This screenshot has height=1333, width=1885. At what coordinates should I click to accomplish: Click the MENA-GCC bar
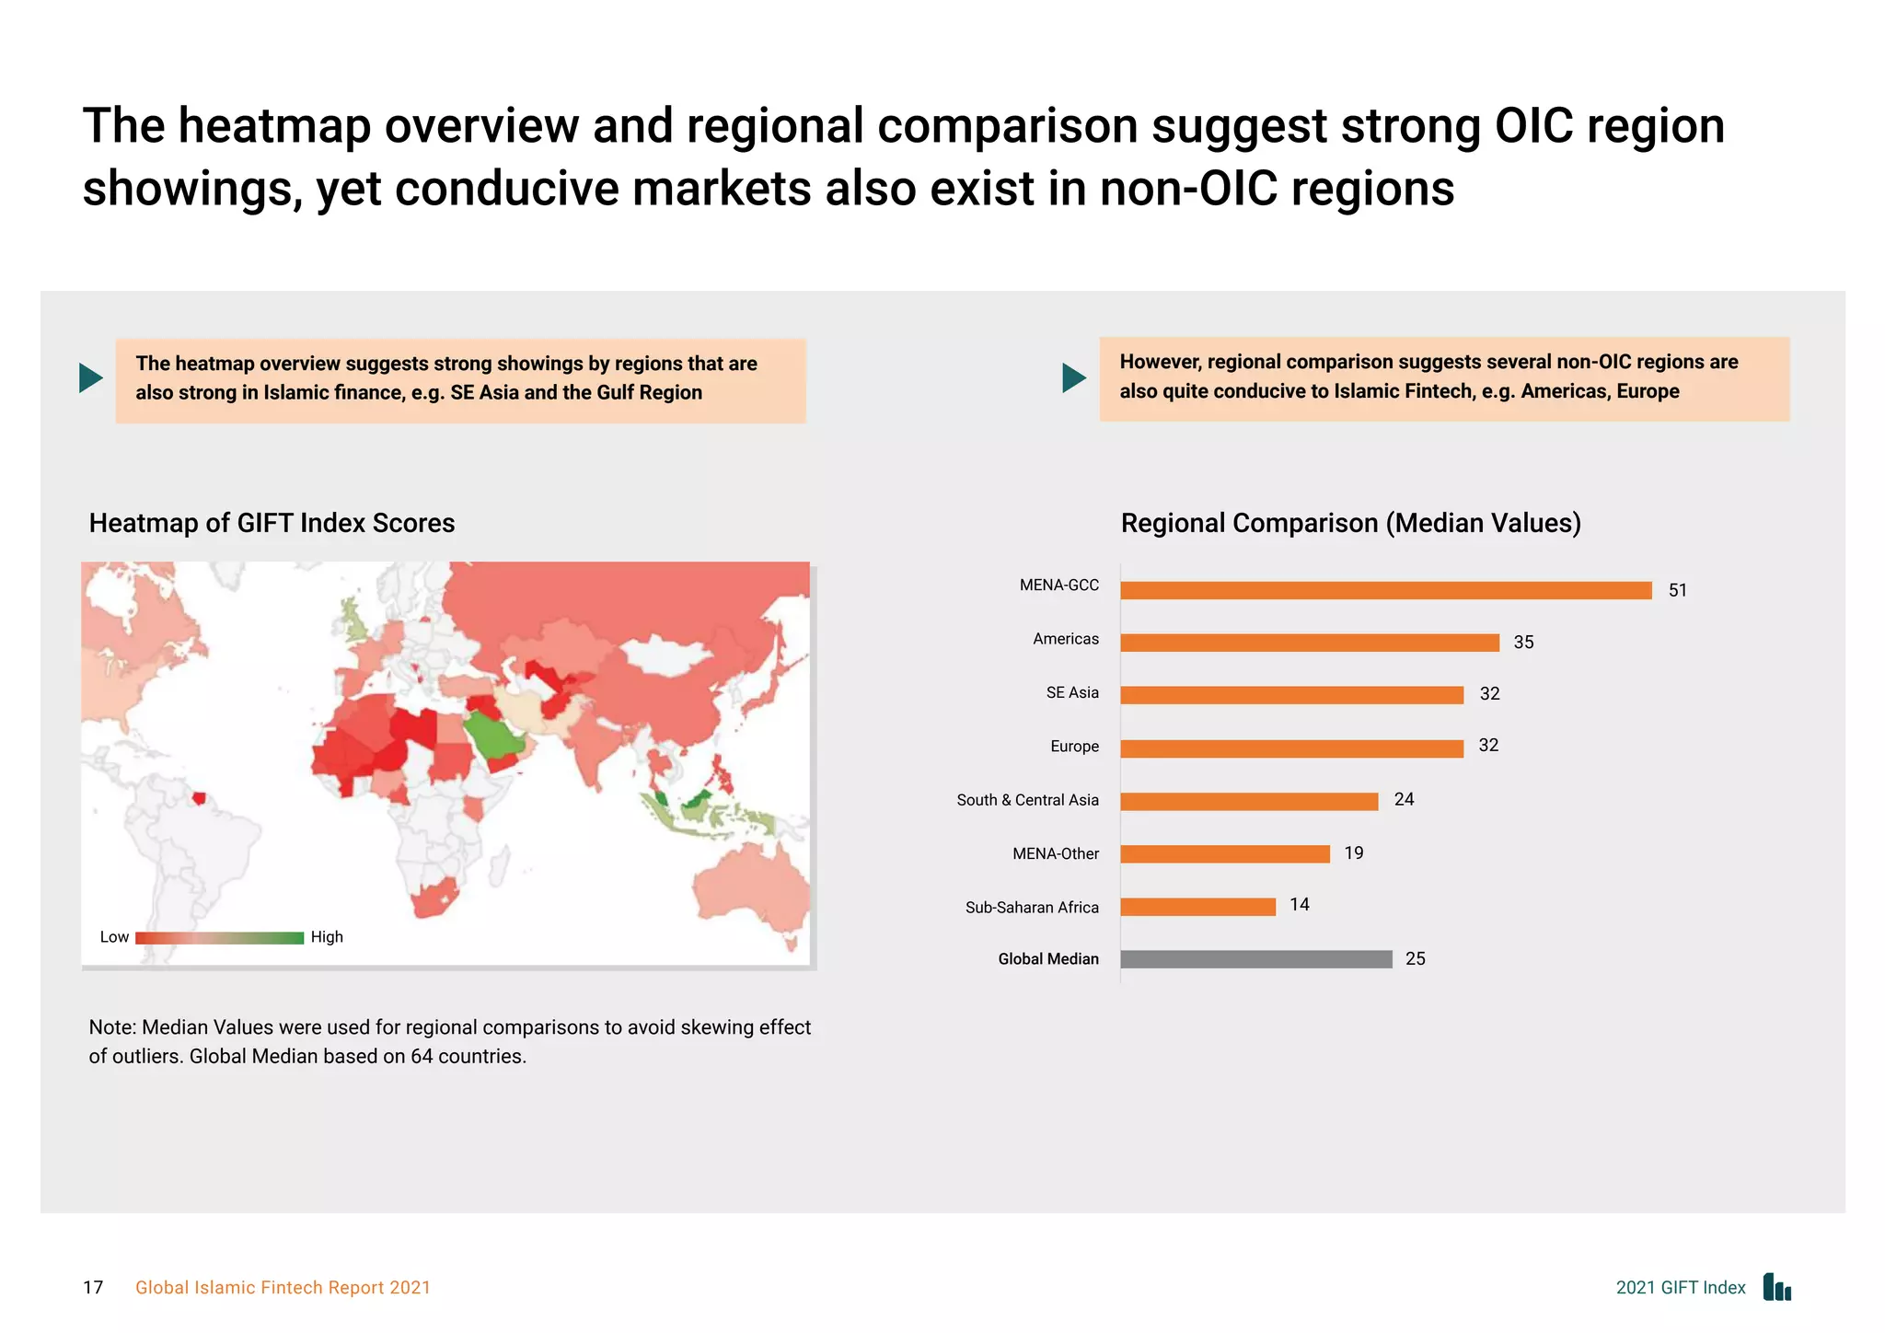click(1385, 590)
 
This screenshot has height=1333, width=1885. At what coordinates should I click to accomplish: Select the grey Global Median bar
click(1255, 959)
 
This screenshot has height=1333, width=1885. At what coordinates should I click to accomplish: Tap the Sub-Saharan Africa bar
click(1197, 907)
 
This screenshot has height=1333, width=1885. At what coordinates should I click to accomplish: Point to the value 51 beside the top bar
click(1677, 590)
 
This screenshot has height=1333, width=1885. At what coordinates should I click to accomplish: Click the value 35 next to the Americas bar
click(1523, 643)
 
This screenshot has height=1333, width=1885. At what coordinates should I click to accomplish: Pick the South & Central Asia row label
click(1027, 800)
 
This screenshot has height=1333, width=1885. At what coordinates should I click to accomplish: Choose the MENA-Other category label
click(1055, 853)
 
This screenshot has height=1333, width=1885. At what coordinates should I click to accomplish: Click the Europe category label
click(1074, 747)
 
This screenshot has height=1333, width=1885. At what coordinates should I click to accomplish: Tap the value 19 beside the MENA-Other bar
click(1353, 853)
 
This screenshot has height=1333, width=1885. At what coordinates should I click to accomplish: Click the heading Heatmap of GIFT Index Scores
click(272, 523)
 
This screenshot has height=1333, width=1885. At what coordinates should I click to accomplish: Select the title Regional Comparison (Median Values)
click(1350, 523)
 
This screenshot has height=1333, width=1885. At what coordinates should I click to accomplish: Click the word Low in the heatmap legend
click(114, 937)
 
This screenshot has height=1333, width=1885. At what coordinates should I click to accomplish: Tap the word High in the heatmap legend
click(327, 937)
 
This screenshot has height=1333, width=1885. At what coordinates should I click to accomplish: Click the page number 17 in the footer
click(93, 1288)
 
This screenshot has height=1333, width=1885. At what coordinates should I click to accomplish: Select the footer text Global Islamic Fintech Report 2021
click(283, 1288)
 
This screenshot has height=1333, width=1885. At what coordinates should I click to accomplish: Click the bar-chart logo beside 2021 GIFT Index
click(1776, 1287)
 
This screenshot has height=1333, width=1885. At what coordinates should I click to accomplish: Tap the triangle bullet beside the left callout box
click(90, 377)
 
